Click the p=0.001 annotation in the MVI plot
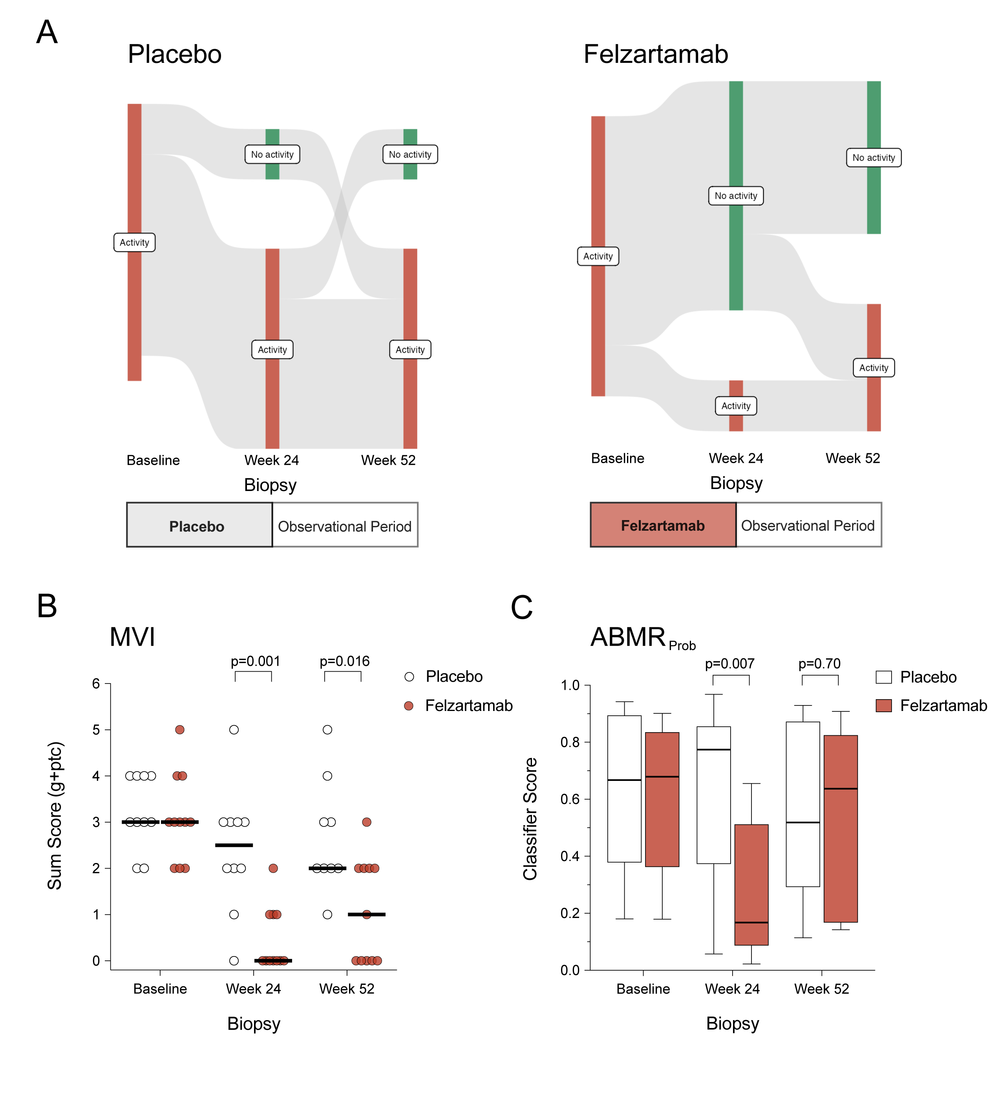click(255, 661)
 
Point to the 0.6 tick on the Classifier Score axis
click(570, 799)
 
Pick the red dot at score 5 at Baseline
click(179, 729)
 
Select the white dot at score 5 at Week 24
click(234, 729)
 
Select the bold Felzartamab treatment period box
click(663, 525)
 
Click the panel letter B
click(47, 606)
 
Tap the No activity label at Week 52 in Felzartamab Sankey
click(873, 158)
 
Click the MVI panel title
click(132, 637)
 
